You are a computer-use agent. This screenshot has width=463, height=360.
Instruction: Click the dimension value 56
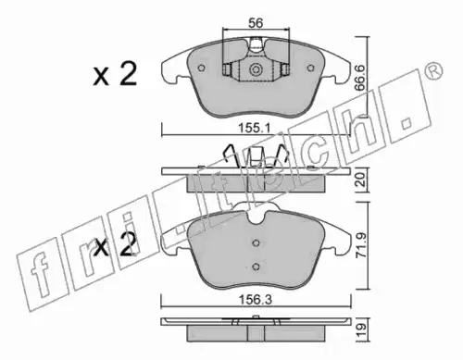[x=256, y=23]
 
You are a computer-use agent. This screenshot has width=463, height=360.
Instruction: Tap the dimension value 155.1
[x=255, y=128]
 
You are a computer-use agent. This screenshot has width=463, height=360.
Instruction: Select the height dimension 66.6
[x=360, y=78]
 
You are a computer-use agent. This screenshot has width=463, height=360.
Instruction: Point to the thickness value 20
[x=361, y=180]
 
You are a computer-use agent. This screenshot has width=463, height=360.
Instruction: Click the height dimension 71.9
[x=361, y=245]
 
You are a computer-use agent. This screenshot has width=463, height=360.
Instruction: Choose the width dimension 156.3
[x=256, y=300]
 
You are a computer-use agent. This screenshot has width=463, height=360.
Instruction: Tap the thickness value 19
[x=361, y=330]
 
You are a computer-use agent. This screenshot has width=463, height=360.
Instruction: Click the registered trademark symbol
[x=433, y=71]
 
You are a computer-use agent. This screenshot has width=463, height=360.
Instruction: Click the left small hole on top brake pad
[x=202, y=68]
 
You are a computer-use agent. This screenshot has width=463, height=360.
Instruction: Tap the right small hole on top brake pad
[x=310, y=68]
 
